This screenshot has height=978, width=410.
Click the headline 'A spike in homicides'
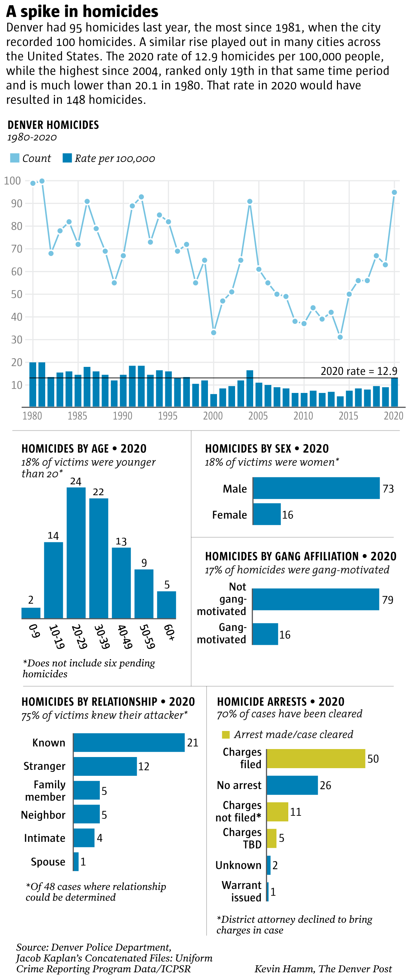pyautogui.click(x=82, y=11)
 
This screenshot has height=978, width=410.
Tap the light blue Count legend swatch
pyautogui.click(x=15, y=158)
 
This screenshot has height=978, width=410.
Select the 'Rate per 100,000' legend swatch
pyautogui.click(x=67, y=158)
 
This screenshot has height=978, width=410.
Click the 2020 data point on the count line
pyautogui.click(x=394, y=192)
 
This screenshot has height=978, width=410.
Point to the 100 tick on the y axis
pyautogui.click(x=12, y=181)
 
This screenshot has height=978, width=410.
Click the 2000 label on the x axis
pyautogui.click(x=213, y=416)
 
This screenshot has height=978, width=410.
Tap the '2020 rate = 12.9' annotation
pyautogui.click(x=359, y=371)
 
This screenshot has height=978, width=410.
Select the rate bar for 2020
pyautogui.click(x=394, y=392)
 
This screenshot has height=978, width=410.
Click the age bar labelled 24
pyautogui.click(x=76, y=552)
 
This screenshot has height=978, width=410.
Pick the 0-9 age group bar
pyautogui.click(x=31, y=613)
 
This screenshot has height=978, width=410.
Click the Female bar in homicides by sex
pyautogui.click(x=267, y=514)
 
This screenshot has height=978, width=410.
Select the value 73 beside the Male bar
pyautogui.click(x=388, y=488)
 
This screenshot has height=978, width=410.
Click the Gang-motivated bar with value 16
pyautogui.click(x=265, y=634)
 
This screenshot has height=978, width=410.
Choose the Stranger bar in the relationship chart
pyautogui.click(x=105, y=766)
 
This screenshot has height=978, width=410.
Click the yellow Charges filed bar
pyautogui.click(x=316, y=758)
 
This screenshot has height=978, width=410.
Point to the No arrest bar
pyautogui.click(x=292, y=785)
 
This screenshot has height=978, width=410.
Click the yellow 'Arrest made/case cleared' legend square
pyautogui.click(x=226, y=734)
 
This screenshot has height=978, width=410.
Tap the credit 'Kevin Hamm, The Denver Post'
pyautogui.click(x=323, y=969)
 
